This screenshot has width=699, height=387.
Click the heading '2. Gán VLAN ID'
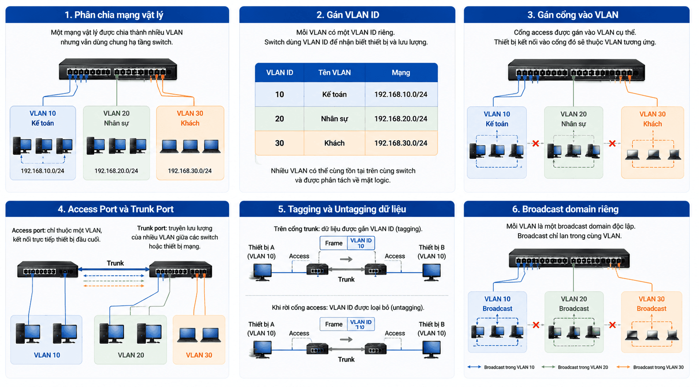pos(347,15)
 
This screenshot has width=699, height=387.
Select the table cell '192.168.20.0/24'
pos(400,119)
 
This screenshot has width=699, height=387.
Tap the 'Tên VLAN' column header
pos(334,73)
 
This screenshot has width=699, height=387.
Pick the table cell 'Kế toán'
pos(334,94)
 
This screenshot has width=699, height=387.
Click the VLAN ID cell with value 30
pos(279,143)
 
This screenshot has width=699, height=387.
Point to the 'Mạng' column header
pos(400,73)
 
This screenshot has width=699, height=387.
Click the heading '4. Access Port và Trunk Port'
pos(115,209)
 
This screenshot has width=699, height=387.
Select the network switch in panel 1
pos(118,69)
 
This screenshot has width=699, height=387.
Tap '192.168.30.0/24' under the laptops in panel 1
pos(190,171)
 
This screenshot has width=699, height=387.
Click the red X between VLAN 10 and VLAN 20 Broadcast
pos(536,325)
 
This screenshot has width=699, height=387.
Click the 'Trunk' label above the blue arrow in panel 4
pos(115,263)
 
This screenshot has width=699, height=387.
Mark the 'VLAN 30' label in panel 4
pos(199,355)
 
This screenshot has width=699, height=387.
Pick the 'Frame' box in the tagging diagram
pos(334,243)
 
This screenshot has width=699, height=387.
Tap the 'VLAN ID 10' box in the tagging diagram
pos(361,243)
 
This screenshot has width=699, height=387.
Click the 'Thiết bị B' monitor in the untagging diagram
pos(432,350)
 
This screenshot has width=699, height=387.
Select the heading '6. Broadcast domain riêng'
pos(565,209)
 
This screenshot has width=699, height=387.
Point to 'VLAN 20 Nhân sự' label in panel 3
pos(573,119)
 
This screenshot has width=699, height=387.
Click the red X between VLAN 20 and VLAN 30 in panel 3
pos(612,144)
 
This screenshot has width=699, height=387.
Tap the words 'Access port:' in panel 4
pos(29,231)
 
